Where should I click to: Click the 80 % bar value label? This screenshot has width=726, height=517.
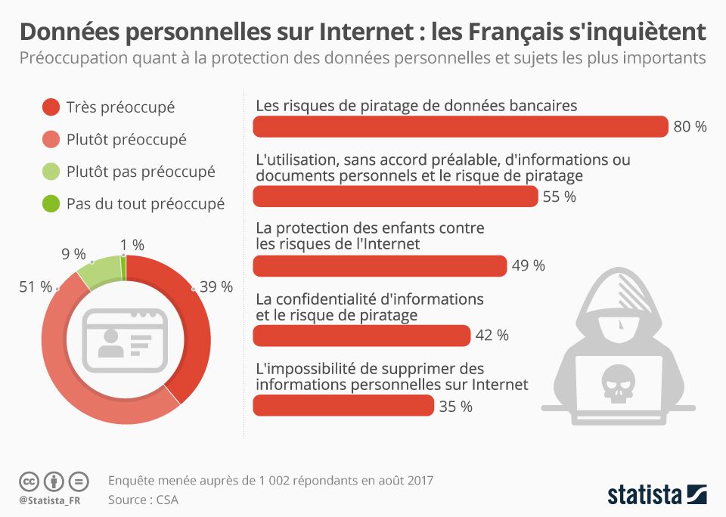point(690,127)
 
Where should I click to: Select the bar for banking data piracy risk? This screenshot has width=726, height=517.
point(460,127)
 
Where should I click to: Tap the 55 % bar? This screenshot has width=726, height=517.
point(395,197)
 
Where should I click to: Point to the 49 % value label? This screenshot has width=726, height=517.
point(529,265)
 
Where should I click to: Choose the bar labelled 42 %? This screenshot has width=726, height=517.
point(361,335)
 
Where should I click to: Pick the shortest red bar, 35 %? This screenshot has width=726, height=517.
point(343,406)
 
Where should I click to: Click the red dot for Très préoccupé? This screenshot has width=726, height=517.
point(51,107)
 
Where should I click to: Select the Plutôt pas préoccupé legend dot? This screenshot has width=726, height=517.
point(51,172)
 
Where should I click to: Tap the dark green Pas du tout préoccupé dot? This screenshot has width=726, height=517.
point(51,203)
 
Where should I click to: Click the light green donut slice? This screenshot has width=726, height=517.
point(100,271)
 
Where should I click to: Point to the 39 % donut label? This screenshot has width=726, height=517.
point(216,287)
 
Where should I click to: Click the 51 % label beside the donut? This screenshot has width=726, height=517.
point(35,287)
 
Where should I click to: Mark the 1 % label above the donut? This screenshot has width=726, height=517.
point(132,245)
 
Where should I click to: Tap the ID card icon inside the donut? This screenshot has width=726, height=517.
point(126,339)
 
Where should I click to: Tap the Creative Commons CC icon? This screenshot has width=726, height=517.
point(29,481)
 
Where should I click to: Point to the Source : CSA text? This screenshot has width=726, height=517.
point(143,500)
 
